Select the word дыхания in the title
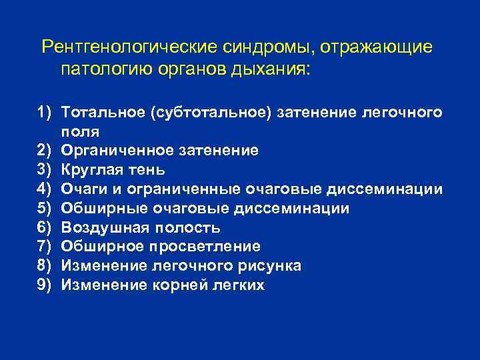tap(273, 69)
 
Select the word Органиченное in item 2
tap(114, 151)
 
